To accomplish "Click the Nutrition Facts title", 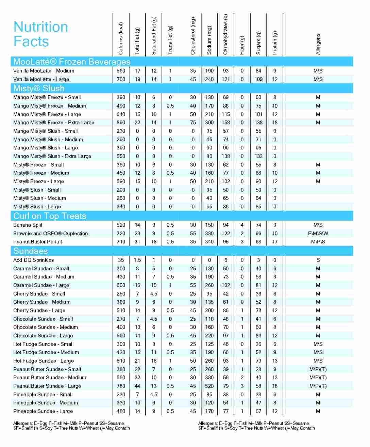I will [40, 34].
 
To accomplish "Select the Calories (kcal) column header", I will [121, 38].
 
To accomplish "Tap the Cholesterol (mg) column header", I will [193, 36].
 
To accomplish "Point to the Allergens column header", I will [318, 44].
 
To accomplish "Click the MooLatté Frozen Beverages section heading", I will [72, 62].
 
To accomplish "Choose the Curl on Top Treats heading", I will [50, 216].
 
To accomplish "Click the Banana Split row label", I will [28, 225].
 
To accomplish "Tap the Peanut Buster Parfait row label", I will [38, 242].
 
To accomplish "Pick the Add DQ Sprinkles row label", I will [34, 260].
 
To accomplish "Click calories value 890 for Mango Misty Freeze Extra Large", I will [121, 123].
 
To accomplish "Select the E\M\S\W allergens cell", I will [318, 234].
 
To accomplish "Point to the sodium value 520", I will [209, 386].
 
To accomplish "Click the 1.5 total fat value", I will [137, 260].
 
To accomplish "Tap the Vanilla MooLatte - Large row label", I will [41, 79].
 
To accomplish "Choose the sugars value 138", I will [258, 123].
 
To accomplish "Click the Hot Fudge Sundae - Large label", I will [44, 361].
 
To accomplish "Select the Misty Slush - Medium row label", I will [40, 198].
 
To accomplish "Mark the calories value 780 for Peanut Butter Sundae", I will [121, 386].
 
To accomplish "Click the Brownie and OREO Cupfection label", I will [50, 234].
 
